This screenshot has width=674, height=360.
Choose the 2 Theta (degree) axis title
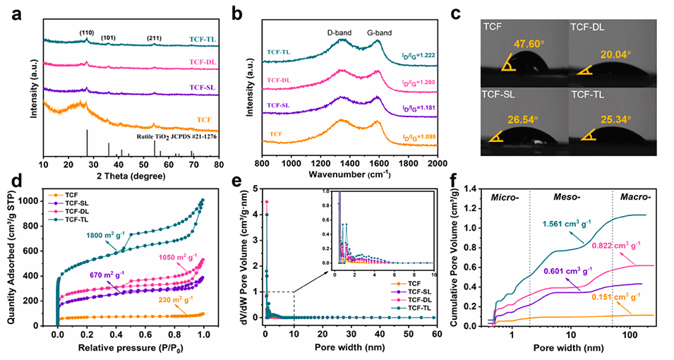pos(130,175)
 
